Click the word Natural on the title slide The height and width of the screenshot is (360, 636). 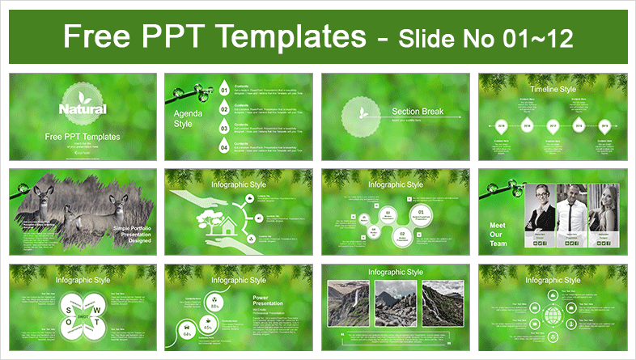point(79,108)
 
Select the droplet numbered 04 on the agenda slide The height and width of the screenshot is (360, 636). point(224,146)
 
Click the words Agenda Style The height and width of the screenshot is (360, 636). point(184,120)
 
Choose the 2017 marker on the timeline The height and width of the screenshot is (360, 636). point(553,126)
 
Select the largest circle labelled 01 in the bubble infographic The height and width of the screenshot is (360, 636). point(423,215)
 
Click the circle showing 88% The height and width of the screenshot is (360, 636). point(215,306)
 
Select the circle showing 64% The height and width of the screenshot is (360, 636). point(188,332)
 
